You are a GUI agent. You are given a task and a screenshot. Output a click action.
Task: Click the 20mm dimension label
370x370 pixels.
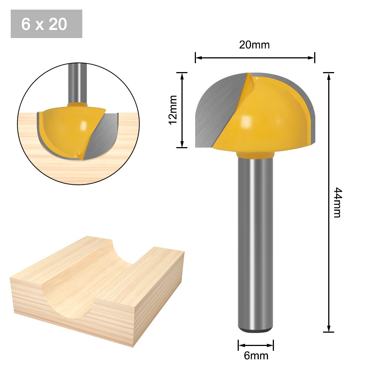(x=254, y=45)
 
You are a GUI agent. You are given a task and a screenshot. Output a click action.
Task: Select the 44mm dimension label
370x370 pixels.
(x=337, y=202)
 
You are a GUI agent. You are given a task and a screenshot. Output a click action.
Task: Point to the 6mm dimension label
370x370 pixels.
(x=256, y=356)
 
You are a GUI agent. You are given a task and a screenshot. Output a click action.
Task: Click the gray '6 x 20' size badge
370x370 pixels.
(x=46, y=24)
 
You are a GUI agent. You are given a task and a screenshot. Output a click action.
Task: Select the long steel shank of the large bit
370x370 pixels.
(x=255, y=240)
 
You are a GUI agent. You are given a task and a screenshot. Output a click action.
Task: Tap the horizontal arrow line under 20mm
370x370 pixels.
(x=255, y=58)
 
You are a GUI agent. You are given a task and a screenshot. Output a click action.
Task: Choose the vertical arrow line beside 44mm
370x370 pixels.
(x=329, y=202)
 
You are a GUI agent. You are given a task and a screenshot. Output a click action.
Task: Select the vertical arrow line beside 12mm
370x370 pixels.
(x=182, y=110)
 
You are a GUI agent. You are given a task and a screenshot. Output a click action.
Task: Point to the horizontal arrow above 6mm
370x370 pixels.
(x=256, y=346)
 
